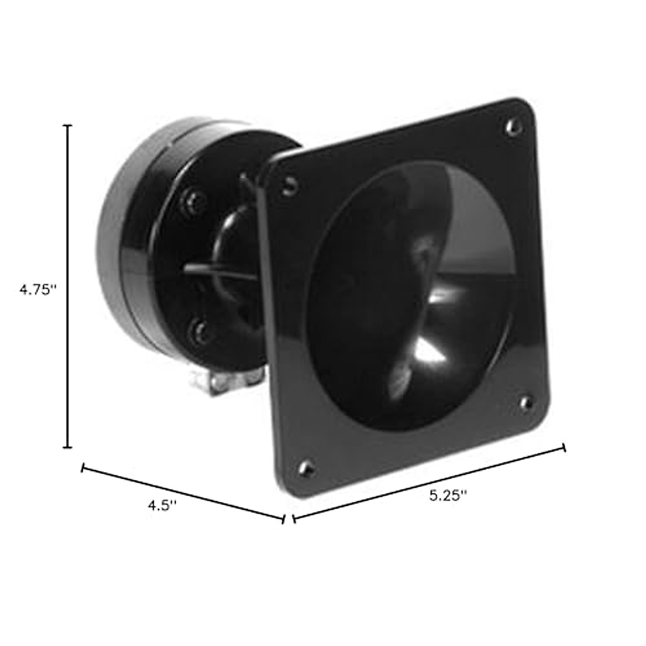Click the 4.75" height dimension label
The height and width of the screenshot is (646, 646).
point(38,290)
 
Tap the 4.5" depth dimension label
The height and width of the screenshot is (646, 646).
point(162,506)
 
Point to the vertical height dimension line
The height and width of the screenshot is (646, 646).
point(68,286)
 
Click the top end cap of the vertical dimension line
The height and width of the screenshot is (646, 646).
point(68,125)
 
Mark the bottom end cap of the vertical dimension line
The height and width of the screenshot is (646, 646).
point(68,447)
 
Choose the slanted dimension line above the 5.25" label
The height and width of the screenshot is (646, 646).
point(430,483)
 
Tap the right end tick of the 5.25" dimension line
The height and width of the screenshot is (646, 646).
point(564,448)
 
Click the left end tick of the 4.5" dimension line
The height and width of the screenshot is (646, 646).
point(82,468)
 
